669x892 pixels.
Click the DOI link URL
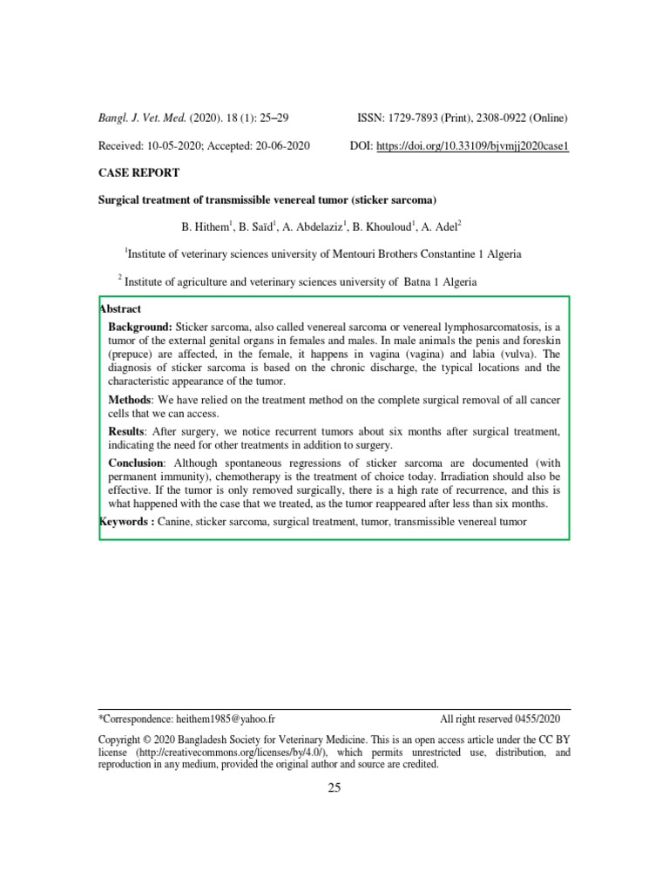click(472, 145)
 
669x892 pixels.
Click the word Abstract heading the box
click(121, 309)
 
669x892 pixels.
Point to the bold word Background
click(139, 325)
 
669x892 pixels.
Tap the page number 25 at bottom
click(334, 788)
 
